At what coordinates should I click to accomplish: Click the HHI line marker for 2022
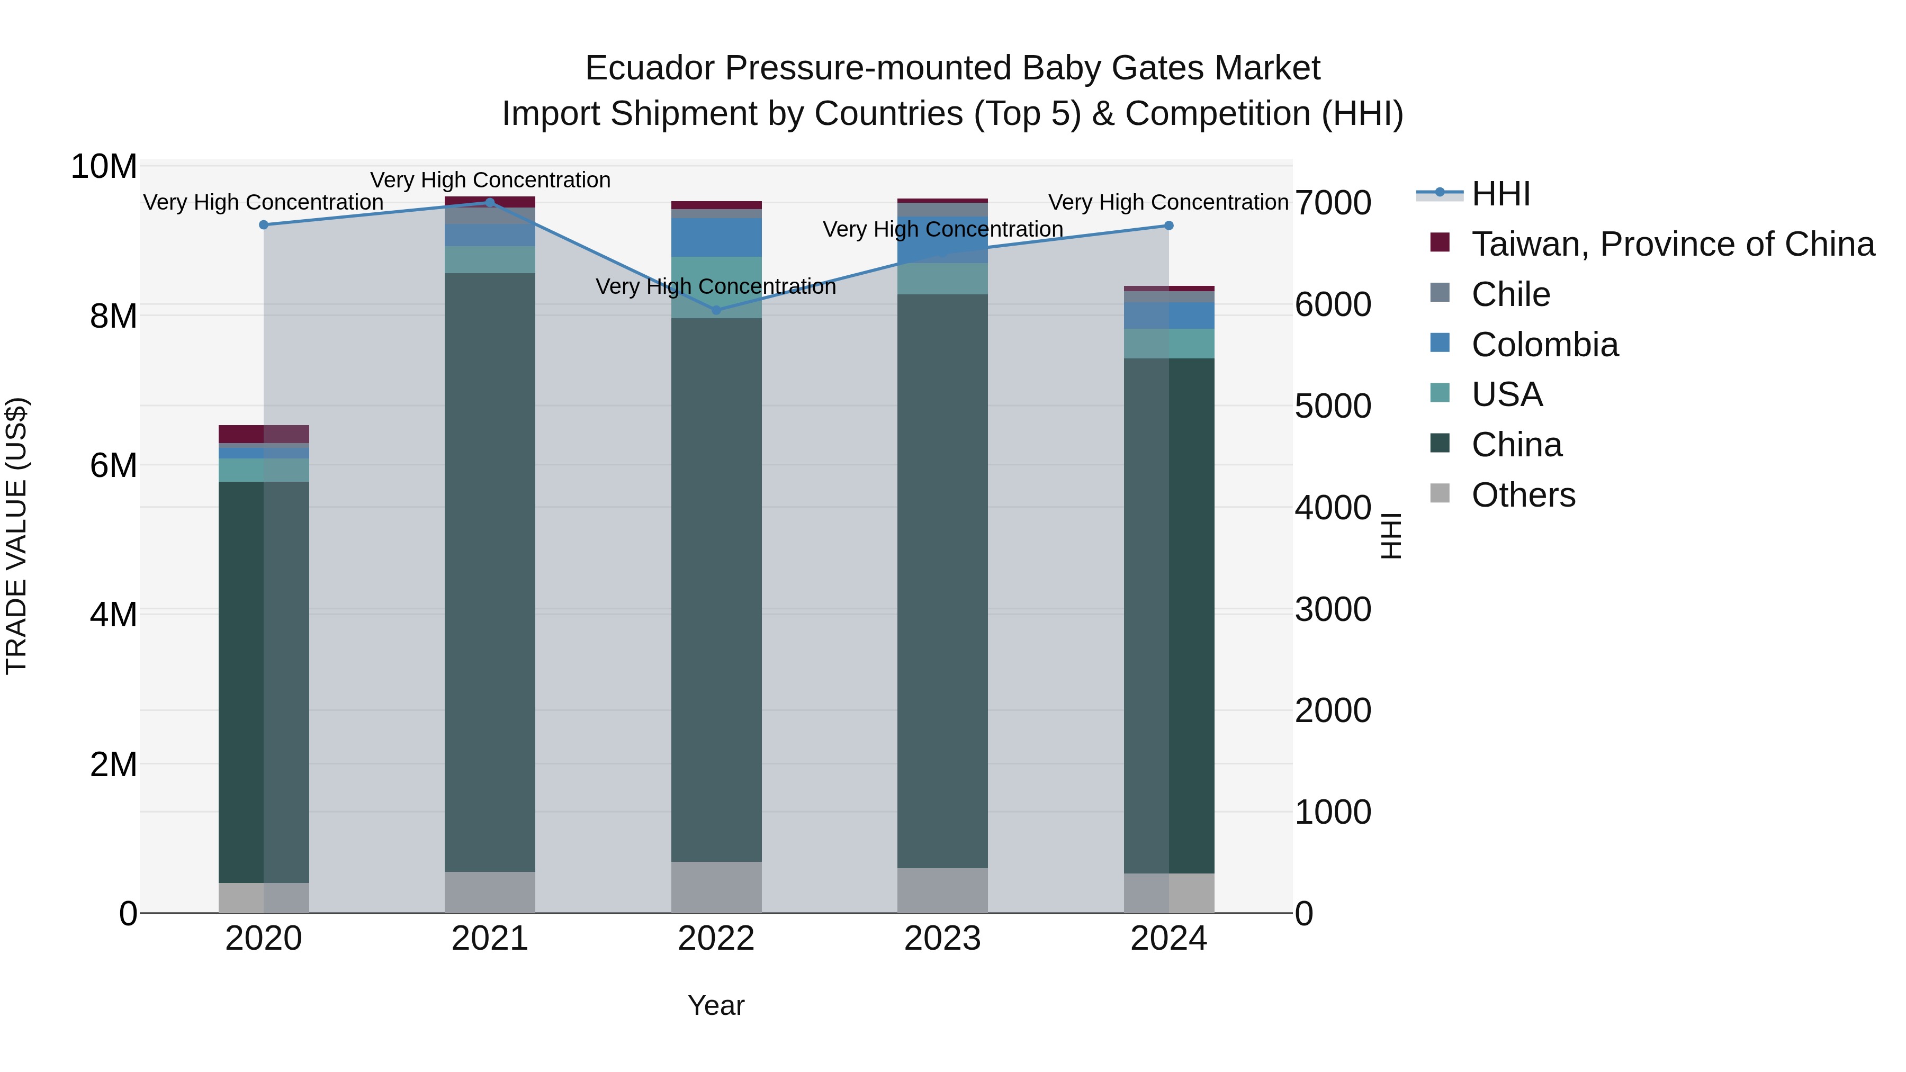click(715, 310)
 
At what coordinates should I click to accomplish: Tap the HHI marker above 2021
click(489, 202)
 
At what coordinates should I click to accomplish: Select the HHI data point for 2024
click(1168, 226)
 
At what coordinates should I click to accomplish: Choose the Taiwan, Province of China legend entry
click(1672, 244)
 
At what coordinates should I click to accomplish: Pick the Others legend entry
click(1523, 495)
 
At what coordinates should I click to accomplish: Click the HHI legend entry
click(1500, 194)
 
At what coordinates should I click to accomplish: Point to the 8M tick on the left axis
click(113, 317)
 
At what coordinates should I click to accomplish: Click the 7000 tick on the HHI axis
click(1333, 203)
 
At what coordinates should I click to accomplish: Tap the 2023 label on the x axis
click(942, 939)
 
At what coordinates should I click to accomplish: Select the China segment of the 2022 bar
click(715, 592)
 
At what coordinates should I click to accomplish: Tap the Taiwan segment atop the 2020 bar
click(264, 434)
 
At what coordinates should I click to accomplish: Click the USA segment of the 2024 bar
click(1168, 343)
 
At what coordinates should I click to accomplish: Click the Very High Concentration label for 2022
click(715, 286)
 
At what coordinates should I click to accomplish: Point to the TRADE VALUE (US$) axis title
click(16, 536)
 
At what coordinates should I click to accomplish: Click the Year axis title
click(715, 1005)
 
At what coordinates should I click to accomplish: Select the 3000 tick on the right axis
click(1333, 610)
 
